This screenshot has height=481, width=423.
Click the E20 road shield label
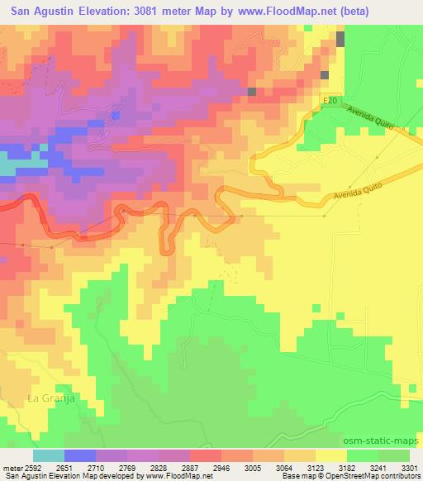pos(330,100)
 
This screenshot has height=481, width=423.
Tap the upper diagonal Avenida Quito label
pos(373,121)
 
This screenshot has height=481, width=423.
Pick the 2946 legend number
pos(221,467)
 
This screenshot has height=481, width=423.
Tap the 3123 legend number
pos(316,467)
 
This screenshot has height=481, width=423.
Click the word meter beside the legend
pos(14,467)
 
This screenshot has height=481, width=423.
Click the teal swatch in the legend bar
pos(49,455)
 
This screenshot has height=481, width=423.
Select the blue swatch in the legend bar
pos(80,455)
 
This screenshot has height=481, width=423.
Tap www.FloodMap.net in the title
pos(274,12)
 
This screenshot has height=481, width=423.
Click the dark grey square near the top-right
pos(340,39)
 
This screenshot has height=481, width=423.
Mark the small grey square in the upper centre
pos(252,92)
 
